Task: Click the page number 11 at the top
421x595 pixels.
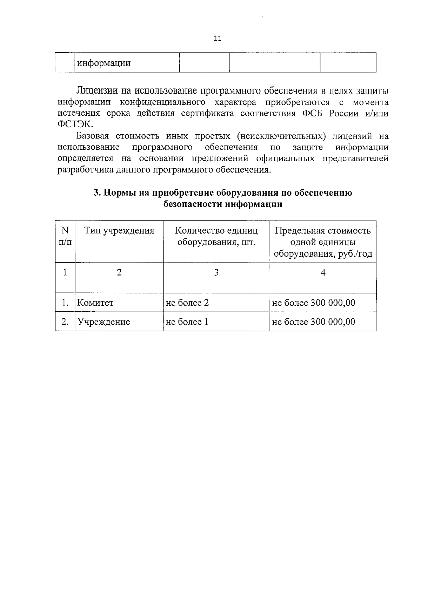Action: point(218,38)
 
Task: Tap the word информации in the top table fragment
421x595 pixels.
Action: point(104,63)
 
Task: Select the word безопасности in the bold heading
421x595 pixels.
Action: point(193,204)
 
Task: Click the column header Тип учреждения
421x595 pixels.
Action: point(119,231)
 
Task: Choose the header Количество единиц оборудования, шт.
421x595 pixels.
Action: point(216,236)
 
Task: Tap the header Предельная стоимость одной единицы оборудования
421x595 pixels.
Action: point(323,242)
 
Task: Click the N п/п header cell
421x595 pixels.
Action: point(65,236)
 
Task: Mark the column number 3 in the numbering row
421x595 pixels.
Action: point(216,272)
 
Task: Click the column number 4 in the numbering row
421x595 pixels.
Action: point(323,272)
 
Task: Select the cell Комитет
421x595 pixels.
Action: point(95,303)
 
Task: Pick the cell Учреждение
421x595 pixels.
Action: point(103,322)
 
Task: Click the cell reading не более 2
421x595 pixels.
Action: point(187,303)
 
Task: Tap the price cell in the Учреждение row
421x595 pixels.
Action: point(314,322)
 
